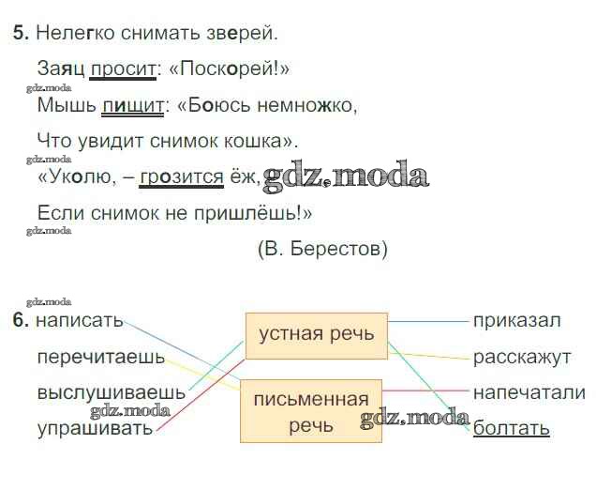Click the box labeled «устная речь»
click(317, 336)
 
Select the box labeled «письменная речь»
click(311, 411)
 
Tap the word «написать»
click(80, 321)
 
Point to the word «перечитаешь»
click(101, 358)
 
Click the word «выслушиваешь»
click(112, 392)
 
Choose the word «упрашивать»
click(95, 428)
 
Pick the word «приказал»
click(517, 321)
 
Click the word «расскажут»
click(522, 358)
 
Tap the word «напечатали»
click(529, 392)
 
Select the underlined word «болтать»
click(512, 428)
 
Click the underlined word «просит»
click(123, 69)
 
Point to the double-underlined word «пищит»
click(133, 105)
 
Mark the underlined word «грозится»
click(181, 177)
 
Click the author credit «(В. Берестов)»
click(322, 249)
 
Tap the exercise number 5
click(21, 33)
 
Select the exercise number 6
click(21, 320)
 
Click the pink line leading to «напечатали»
click(426, 390)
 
